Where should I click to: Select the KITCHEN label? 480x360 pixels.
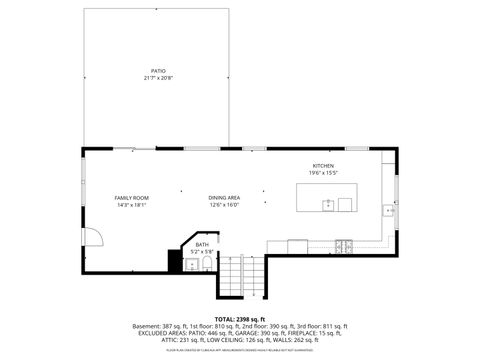click(x=322, y=165)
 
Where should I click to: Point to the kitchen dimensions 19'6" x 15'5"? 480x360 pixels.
click(x=322, y=172)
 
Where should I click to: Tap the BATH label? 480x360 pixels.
click(x=202, y=244)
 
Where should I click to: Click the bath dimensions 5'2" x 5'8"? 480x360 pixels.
click(x=202, y=251)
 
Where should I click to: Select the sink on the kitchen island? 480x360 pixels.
click(x=327, y=205)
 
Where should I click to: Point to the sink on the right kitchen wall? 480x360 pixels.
click(x=390, y=211)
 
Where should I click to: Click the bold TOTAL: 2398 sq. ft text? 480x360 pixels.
click(x=240, y=318)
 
